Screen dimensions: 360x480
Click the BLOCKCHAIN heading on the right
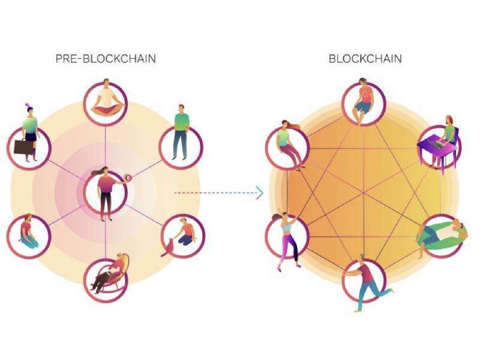pyautogui.click(x=365, y=59)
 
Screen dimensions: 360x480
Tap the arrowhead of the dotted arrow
pyautogui.click(x=260, y=193)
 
